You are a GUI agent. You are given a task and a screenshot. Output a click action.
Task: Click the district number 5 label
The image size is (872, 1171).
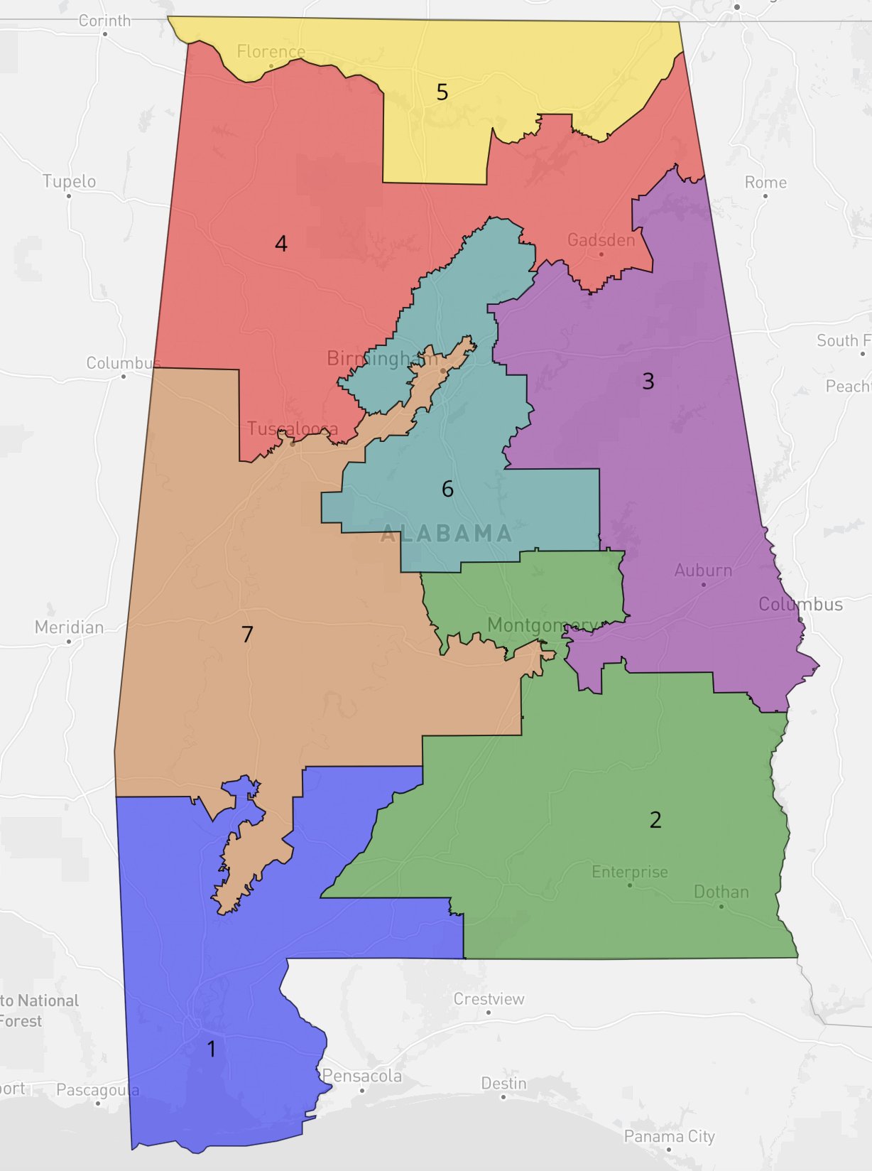pyautogui.click(x=442, y=92)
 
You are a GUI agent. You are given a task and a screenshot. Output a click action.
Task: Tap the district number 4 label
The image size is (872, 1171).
pyautogui.click(x=281, y=244)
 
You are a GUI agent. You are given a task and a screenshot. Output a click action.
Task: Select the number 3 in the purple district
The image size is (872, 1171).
pyautogui.click(x=648, y=382)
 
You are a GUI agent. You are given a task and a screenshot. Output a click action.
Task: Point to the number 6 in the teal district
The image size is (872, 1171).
pyautogui.click(x=447, y=489)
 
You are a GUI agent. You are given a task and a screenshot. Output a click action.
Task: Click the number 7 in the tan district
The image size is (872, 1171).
pyautogui.click(x=247, y=634)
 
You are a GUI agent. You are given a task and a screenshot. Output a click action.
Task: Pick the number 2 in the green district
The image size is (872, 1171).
pyautogui.click(x=655, y=820)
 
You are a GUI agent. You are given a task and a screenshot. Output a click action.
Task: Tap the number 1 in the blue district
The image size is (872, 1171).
pyautogui.click(x=211, y=1049)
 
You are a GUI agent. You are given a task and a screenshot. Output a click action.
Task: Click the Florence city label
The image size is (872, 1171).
pyautogui.click(x=271, y=52)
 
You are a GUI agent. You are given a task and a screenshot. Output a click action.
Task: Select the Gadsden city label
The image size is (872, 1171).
pyautogui.click(x=601, y=240)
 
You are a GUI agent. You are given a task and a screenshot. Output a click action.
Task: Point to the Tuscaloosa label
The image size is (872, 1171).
pyautogui.click(x=293, y=429)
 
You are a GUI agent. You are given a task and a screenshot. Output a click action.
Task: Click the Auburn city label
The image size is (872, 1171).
pyautogui.click(x=703, y=571)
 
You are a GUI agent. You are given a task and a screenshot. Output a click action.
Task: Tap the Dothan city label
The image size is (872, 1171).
pyautogui.click(x=721, y=892)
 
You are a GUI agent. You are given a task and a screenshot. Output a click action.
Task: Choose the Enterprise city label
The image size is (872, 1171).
pyautogui.click(x=630, y=872)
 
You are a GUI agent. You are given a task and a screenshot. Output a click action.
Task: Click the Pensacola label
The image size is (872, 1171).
pyautogui.click(x=362, y=1076)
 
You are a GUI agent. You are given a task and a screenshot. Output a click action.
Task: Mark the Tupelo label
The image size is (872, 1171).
pyautogui.click(x=69, y=182)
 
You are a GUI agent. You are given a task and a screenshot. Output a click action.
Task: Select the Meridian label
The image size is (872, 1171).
pyautogui.click(x=69, y=627)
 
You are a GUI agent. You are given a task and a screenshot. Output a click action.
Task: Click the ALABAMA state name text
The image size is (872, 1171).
pyautogui.click(x=447, y=534)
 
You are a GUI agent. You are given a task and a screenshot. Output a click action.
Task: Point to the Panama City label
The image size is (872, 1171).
pyautogui.click(x=669, y=1136)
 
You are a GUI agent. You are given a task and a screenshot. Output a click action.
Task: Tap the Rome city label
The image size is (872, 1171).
pyautogui.click(x=765, y=183)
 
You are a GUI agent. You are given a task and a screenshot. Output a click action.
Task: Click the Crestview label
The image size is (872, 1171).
pyautogui.click(x=489, y=999)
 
